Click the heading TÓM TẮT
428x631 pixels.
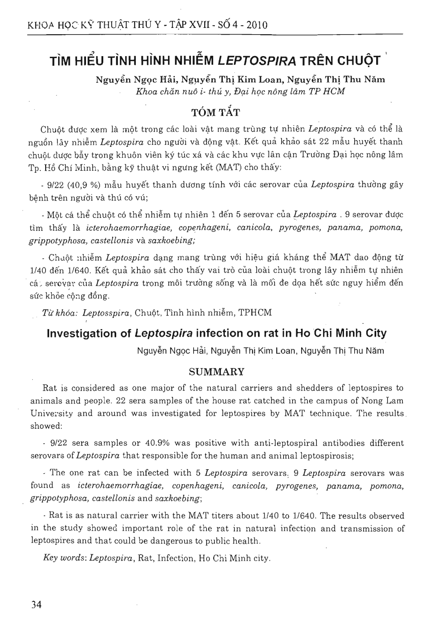tap(214, 112)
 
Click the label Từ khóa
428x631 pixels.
tap(61, 313)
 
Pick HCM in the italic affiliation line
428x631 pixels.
tap(335, 91)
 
